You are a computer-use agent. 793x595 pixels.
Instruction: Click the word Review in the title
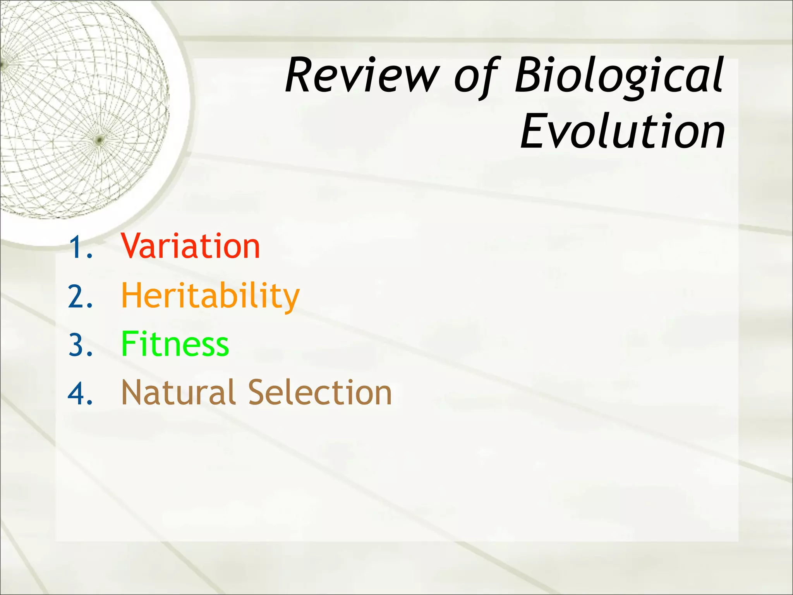(x=362, y=76)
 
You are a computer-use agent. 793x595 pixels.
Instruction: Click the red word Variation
(x=190, y=246)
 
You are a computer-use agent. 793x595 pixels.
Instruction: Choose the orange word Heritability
(x=210, y=296)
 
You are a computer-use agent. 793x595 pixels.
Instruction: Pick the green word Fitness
(x=175, y=344)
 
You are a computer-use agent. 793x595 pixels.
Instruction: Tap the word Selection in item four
(x=320, y=393)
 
